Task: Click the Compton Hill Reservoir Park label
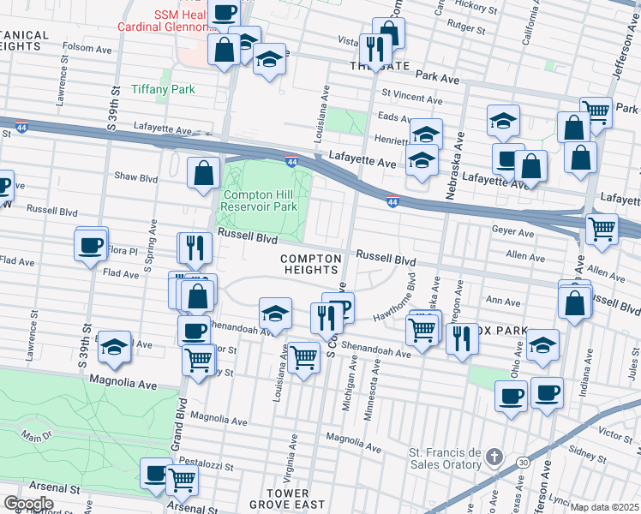point(261,200)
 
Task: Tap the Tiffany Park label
point(163,89)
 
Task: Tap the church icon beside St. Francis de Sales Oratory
point(494,457)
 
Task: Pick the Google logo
point(28,504)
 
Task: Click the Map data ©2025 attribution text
point(605,507)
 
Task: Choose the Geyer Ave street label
point(512,230)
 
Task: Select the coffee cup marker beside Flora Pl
point(91,246)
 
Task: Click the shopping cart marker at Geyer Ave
point(602,229)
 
